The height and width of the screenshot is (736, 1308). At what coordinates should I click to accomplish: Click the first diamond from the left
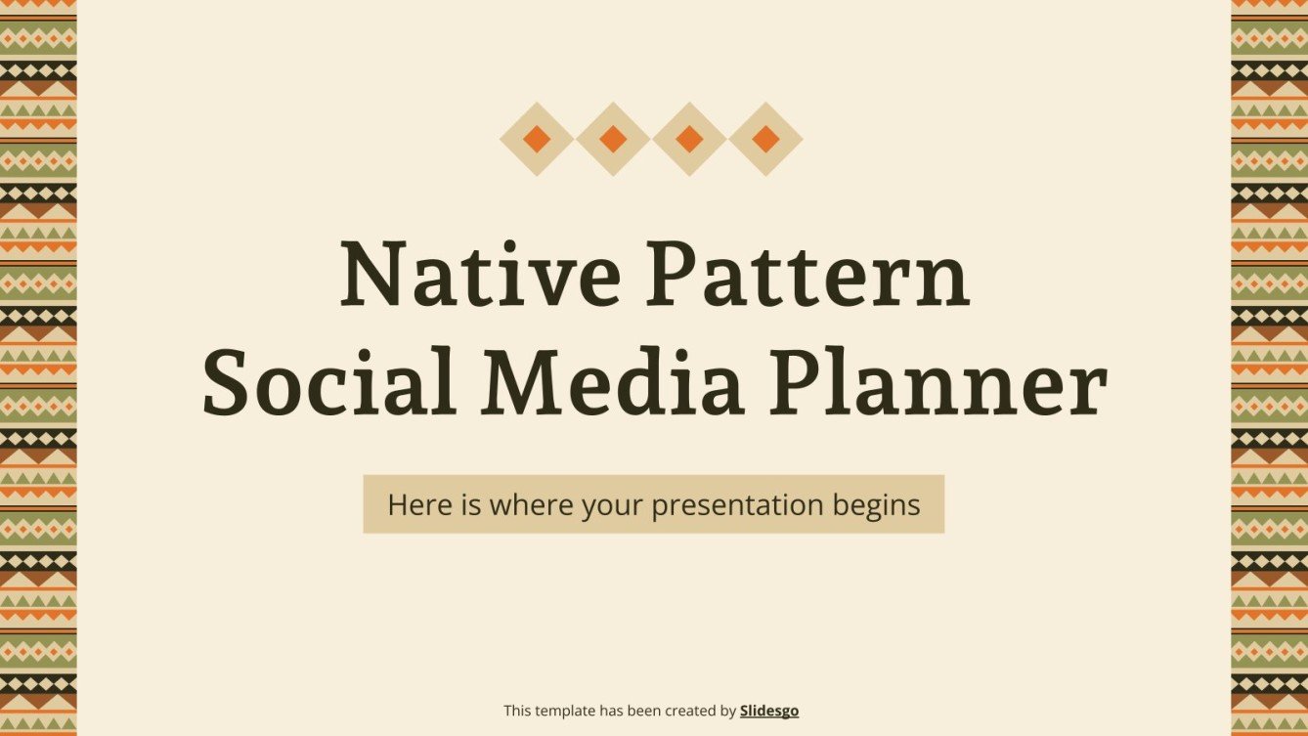537,139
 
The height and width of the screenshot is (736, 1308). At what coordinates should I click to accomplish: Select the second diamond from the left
613,139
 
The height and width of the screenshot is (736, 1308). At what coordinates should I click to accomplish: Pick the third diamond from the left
689,139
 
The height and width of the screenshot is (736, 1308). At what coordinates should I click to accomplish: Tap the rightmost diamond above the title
765,139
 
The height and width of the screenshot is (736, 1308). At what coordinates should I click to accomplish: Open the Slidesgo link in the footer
769,711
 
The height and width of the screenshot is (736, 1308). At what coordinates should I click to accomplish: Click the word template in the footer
565,711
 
